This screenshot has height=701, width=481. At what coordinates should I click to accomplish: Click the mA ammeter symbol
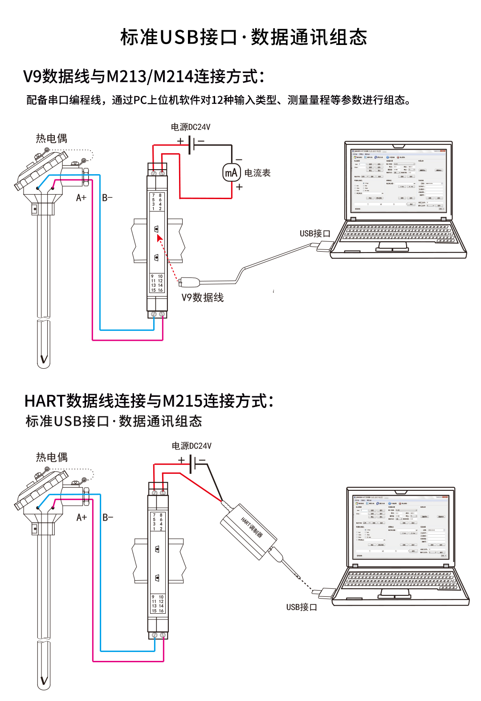pyautogui.click(x=231, y=173)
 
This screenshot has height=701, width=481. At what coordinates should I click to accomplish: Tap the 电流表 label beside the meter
pyautogui.click(x=257, y=173)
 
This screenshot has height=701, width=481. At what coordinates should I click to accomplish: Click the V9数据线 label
pyautogui.click(x=203, y=298)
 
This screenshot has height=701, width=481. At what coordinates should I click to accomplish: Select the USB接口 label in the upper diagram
pyautogui.click(x=315, y=233)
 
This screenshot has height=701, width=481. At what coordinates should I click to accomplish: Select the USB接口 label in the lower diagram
pyautogui.click(x=302, y=607)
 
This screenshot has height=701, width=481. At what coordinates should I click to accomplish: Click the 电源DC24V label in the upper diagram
pyautogui.click(x=191, y=127)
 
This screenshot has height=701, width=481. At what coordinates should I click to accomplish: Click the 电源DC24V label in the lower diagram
pyautogui.click(x=192, y=446)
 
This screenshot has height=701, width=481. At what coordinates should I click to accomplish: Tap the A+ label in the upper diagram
pyautogui.click(x=81, y=197)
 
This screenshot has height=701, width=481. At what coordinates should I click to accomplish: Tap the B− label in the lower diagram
pyautogui.click(x=108, y=517)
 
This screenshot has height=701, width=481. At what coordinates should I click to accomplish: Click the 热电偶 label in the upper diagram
pyautogui.click(x=52, y=139)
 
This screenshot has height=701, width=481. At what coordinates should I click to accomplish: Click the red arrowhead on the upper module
pyautogui.click(x=159, y=238)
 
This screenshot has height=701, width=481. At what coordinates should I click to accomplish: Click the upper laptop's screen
pyautogui.click(x=398, y=181)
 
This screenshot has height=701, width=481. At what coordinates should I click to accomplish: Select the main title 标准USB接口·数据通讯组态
pyautogui.click(x=244, y=37)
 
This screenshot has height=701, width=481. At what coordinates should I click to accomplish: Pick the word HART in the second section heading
pyautogui.click(x=45, y=401)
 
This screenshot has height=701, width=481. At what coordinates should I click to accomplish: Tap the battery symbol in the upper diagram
pyautogui.click(x=191, y=145)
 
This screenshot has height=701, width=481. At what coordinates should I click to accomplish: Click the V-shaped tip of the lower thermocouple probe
pyautogui.click(x=44, y=680)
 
